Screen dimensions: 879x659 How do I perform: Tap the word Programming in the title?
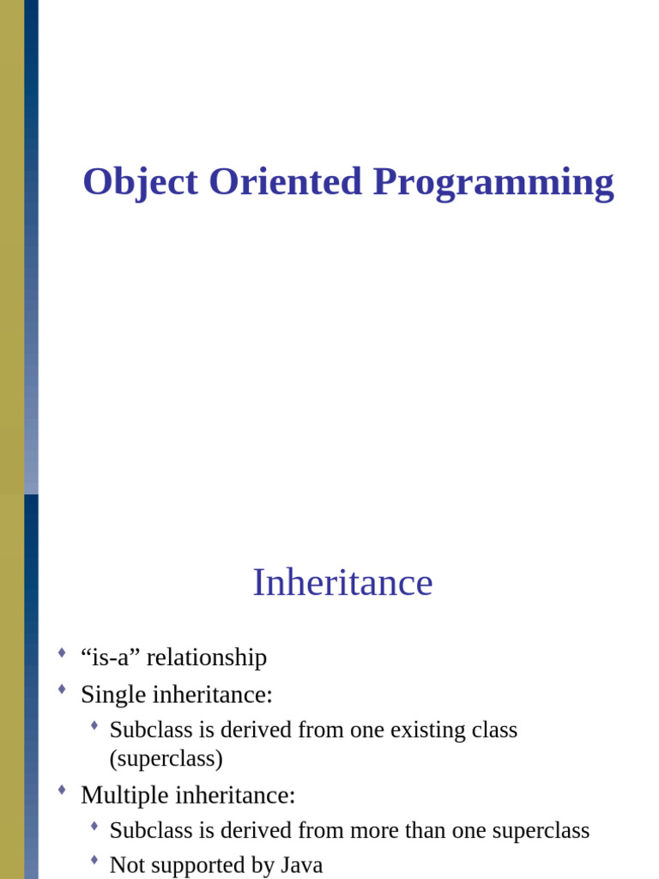coord(493,182)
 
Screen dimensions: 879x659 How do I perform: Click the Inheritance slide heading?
coord(342,582)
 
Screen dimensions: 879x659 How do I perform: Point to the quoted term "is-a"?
coord(111,658)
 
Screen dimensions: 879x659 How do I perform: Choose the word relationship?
coord(207,658)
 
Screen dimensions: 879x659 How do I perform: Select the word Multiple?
coord(124,795)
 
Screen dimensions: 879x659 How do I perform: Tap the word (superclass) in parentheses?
coord(166,759)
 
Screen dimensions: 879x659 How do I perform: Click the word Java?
coord(300,865)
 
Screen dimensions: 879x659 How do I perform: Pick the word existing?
coord(429,730)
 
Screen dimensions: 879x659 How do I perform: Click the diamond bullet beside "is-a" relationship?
coord(62,654)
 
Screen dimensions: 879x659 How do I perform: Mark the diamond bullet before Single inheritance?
coord(62,689)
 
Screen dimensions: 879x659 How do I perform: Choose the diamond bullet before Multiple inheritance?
coord(62,791)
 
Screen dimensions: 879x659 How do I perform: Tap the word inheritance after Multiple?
coord(235,795)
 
